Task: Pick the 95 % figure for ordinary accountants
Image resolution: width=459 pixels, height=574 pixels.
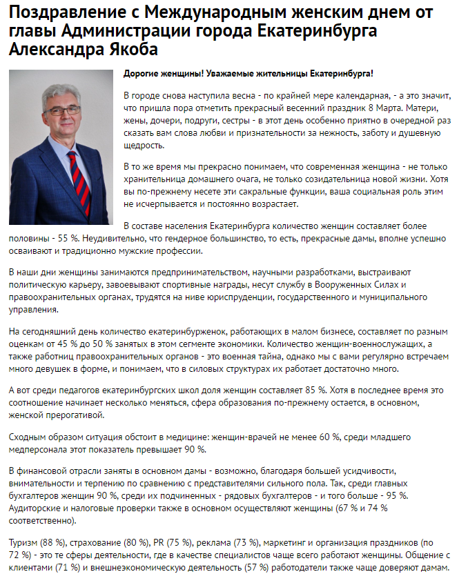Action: [396, 497]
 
